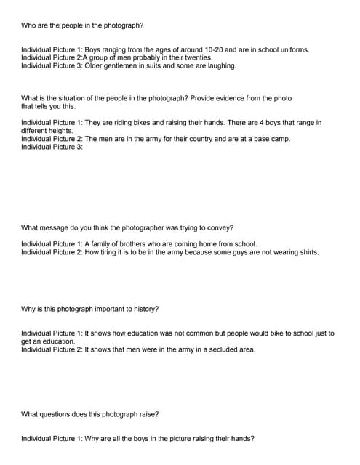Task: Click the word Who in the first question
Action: tap(28, 25)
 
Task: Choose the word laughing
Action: tap(222, 65)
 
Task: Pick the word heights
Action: tap(60, 131)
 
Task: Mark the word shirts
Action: tap(305, 252)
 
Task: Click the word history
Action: tap(144, 309)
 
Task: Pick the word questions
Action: tap(55, 415)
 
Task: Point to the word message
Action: tap(52, 228)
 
